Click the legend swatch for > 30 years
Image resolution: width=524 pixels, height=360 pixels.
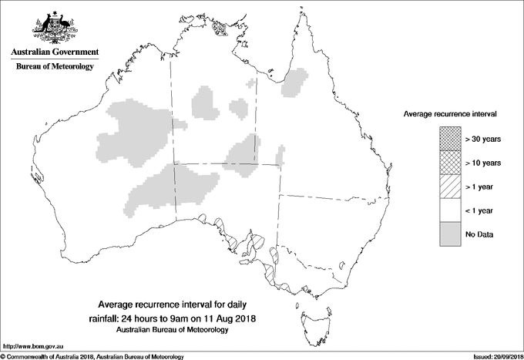[x=449, y=139]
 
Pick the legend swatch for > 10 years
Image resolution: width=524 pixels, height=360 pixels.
[x=449, y=163]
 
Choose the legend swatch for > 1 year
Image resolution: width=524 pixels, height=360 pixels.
[x=449, y=187]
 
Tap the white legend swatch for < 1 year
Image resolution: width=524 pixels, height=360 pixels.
[x=449, y=210]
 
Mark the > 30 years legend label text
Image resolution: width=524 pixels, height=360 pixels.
[x=483, y=139]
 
